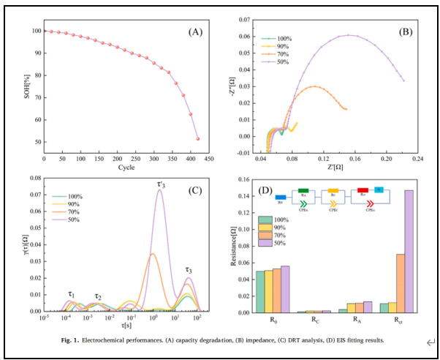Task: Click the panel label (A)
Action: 194,31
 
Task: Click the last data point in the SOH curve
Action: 198,138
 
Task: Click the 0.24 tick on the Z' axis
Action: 418,157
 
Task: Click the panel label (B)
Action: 406,31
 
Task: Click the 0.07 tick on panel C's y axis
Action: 34,194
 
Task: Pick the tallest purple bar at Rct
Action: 408,251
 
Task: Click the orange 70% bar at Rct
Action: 400,282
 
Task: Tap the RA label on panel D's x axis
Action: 356,320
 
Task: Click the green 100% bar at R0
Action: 261,291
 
